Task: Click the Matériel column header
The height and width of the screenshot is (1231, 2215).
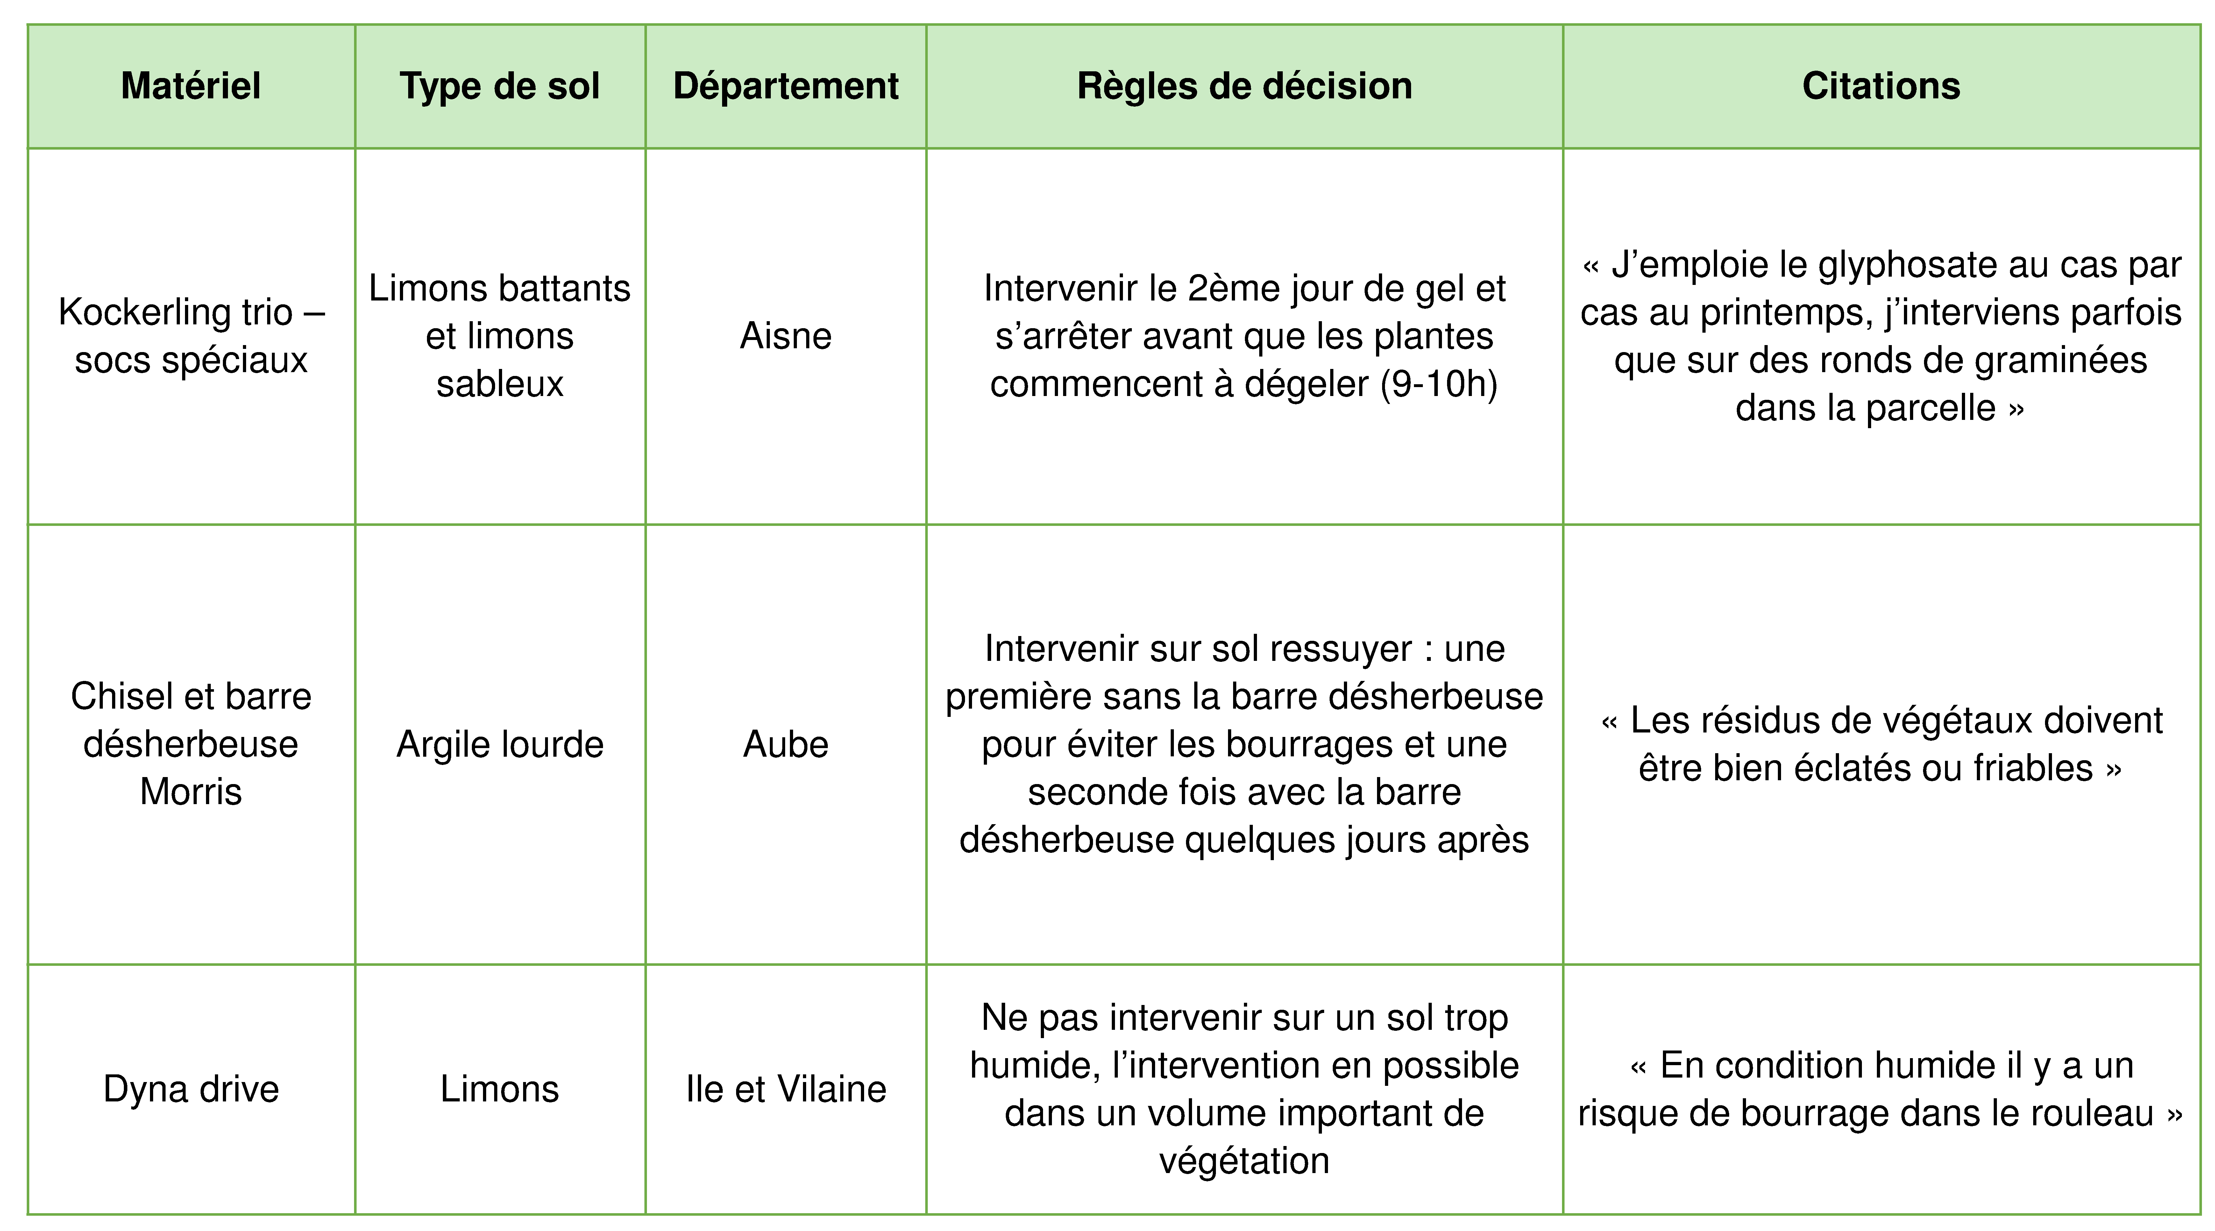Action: pyautogui.click(x=191, y=86)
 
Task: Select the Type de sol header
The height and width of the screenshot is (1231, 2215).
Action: pyautogui.click(x=500, y=86)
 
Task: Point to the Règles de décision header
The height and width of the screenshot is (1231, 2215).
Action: pyautogui.click(x=1244, y=86)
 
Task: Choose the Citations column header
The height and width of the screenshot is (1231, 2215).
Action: pyautogui.click(x=1881, y=86)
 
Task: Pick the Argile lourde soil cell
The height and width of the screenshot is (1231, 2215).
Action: pyautogui.click(x=500, y=745)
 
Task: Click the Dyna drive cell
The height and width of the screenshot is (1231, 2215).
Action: pyautogui.click(x=191, y=1089)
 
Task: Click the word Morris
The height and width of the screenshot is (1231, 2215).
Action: pyautogui.click(x=191, y=792)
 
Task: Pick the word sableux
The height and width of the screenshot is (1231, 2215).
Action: pyautogui.click(x=500, y=384)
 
